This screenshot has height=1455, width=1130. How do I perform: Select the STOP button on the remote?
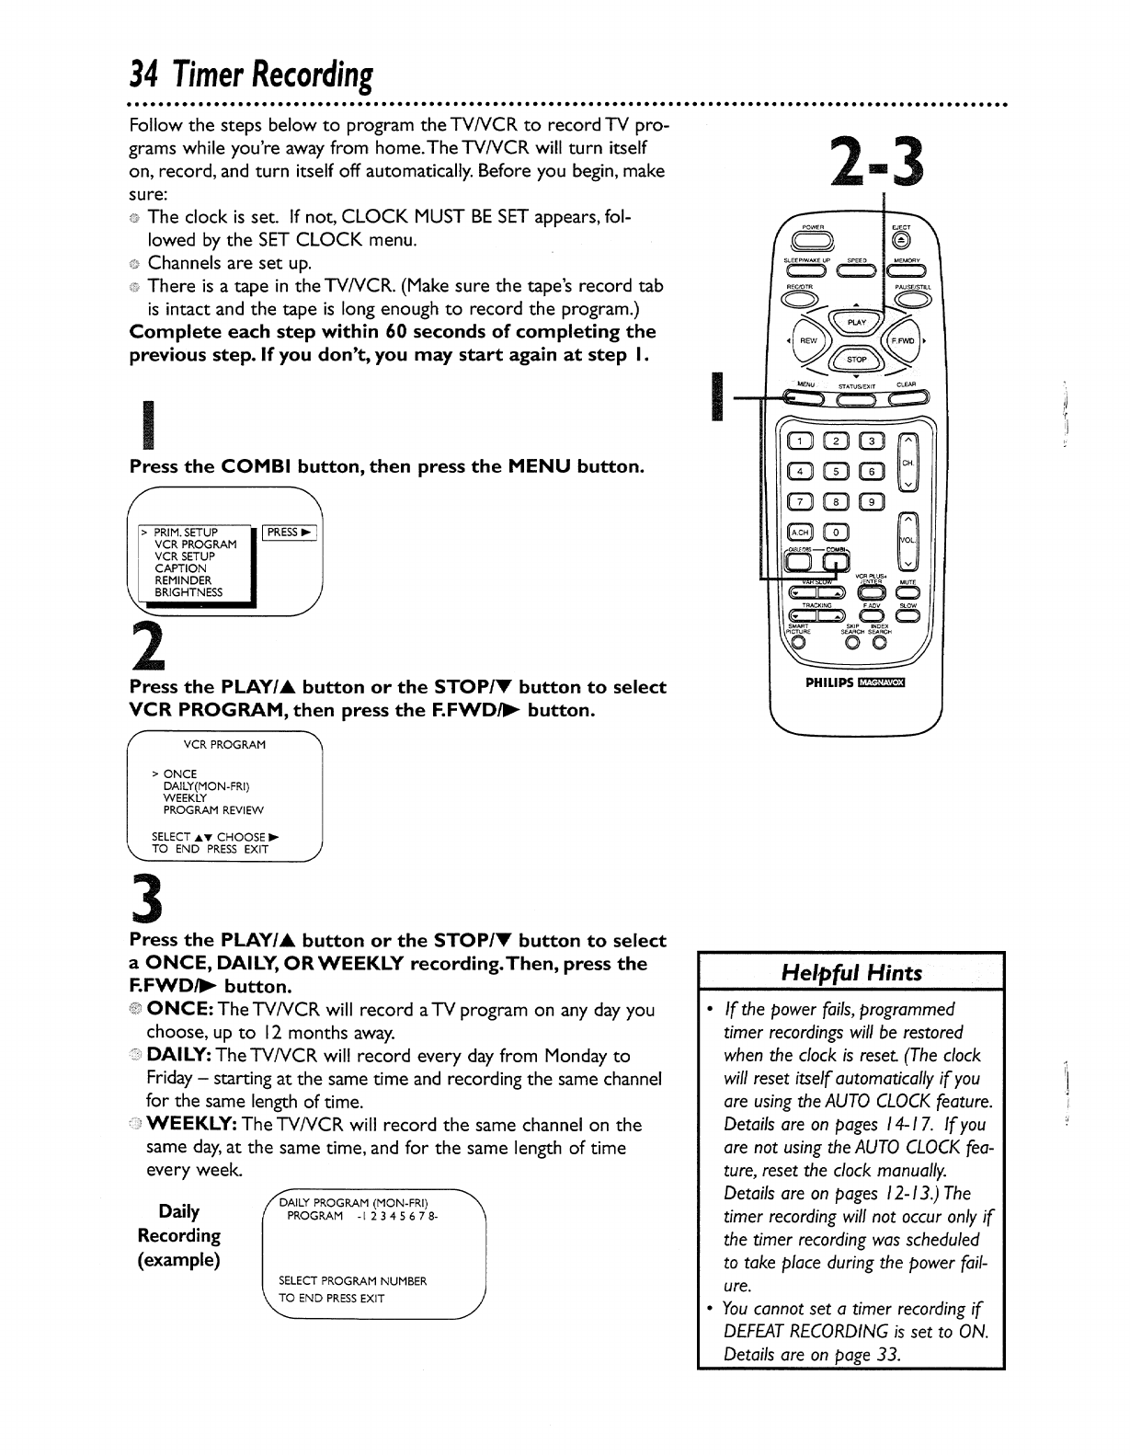click(857, 360)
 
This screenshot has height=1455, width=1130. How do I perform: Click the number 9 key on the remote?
click(871, 501)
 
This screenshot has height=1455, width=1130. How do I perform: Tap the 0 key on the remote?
click(837, 532)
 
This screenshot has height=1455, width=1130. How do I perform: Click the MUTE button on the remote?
click(904, 591)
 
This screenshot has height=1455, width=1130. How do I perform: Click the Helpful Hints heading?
click(850, 973)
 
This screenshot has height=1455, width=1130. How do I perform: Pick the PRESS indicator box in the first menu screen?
click(289, 533)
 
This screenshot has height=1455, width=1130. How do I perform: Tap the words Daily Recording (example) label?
click(179, 1234)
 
